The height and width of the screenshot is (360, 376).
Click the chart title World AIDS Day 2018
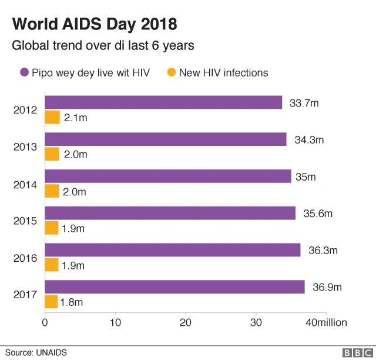click(x=95, y=25)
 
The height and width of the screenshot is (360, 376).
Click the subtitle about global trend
click(x=103, y=45)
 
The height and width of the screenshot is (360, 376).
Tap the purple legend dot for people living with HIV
click(x=24, y=73)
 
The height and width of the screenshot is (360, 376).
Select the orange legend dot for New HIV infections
click(x=171, y=73)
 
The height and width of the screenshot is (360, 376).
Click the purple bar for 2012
click(x=163, y=102)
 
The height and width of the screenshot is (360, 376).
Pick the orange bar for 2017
click(x=51, y=302)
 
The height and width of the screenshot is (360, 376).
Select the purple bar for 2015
click(x=170, y=213)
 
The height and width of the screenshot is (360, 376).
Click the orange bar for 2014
click(x=52, y=191)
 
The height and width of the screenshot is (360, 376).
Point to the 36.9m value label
click(x=327, y=287)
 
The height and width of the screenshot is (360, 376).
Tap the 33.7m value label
click(x=304, y=103)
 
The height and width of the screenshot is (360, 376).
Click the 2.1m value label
click(x=76, y=118)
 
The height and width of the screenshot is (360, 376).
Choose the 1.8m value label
click(x=71, y=302)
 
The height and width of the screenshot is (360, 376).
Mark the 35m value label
click(x=308, y=176)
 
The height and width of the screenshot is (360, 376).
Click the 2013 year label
click(x=25, y=147)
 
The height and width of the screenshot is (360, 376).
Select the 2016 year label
click(x=25, y=258)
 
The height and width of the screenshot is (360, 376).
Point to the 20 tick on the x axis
click(x=186, y=322)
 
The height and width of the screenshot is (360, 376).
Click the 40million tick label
click(x=326, y=322)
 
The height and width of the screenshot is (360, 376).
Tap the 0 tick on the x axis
click(x=45, y=322)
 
